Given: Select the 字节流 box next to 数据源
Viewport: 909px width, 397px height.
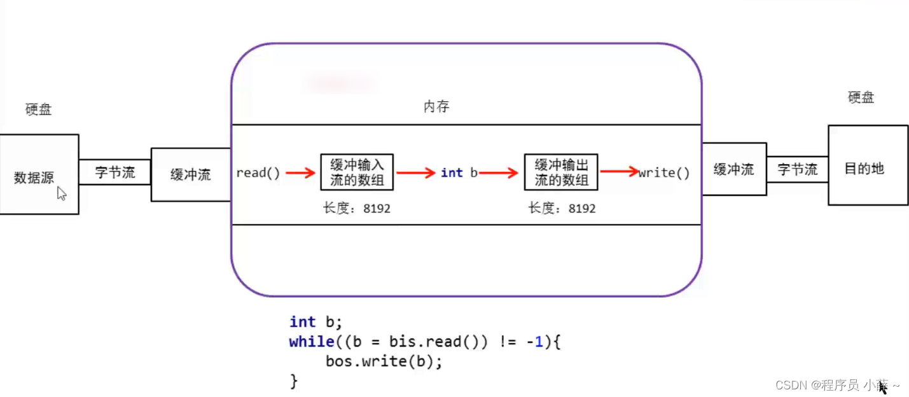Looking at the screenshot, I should point(114,172).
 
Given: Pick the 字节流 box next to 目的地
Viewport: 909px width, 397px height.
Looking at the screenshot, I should point(797,169).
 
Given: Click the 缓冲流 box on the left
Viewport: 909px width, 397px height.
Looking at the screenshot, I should point(190,174).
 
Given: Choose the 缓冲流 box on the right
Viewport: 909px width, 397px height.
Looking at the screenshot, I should point(734,169).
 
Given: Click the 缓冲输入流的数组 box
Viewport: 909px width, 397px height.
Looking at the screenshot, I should point(357,172).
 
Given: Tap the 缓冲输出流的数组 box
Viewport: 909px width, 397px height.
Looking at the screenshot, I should point(560,172).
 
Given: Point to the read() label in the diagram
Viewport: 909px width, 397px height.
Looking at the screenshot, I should point(258,172).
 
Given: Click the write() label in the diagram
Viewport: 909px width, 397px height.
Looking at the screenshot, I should point(665,172).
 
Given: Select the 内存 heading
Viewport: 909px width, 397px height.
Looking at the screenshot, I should point(436,106).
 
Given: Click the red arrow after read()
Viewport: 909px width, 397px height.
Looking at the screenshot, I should point(300,172).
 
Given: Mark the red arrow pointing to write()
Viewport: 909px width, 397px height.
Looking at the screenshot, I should point(619,171).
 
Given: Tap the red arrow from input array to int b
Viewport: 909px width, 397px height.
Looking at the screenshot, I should point(416,172).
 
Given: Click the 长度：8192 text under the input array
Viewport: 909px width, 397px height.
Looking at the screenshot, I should point(356,208).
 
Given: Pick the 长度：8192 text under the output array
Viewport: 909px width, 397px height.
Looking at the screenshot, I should point(562,208).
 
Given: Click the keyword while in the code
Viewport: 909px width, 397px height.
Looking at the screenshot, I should point(307,342).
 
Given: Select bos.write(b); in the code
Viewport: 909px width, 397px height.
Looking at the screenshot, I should point(384,361).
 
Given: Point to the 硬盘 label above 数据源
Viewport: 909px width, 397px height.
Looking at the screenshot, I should point(38,109).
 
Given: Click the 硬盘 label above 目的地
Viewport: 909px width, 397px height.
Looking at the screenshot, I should point(861,97).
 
